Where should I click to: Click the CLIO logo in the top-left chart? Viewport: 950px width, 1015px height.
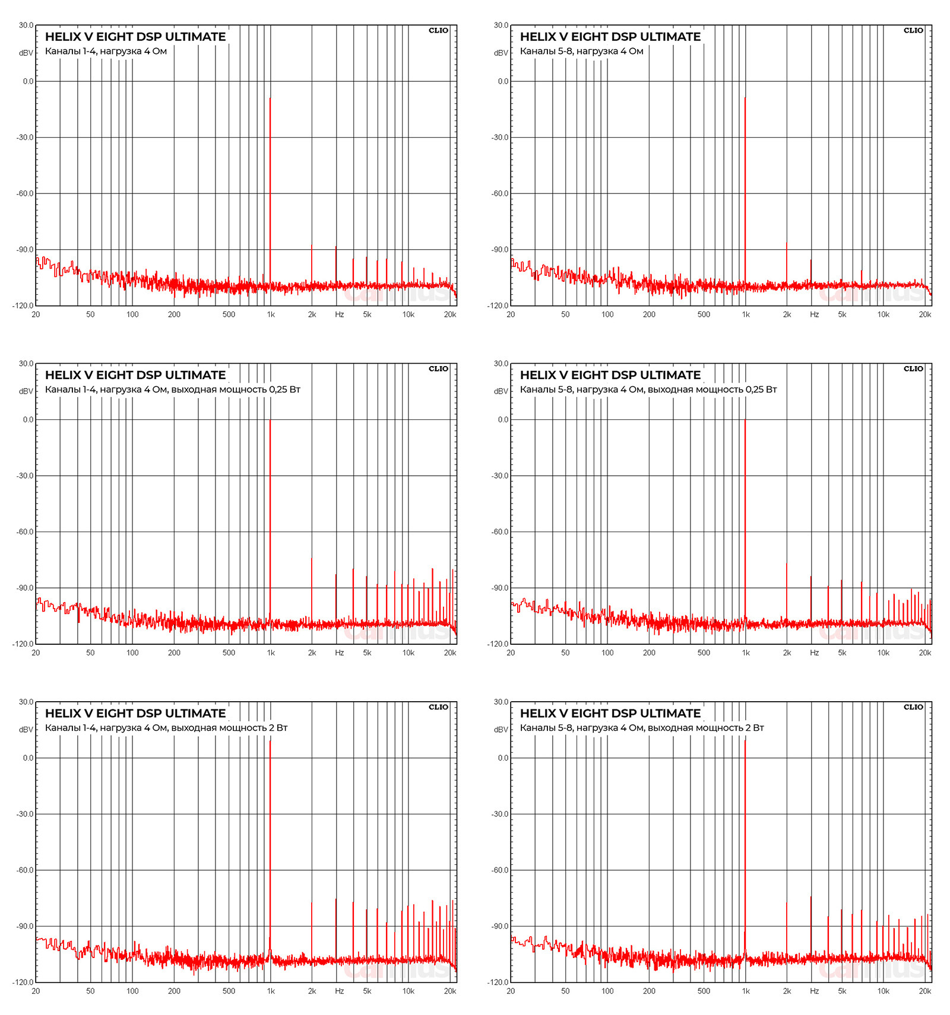pyautogui.click(x=438, y=30)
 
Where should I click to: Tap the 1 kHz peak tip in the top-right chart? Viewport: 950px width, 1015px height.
pyautogui.click(x=745, y=98)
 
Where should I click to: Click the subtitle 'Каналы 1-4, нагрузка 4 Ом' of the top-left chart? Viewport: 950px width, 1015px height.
pyautogui.click(x=106, y=51)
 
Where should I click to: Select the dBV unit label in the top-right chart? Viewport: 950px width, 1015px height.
pyautogui.click(x=501, y=53)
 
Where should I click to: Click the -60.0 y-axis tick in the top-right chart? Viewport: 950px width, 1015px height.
pyautogui.click(x=500, y=193)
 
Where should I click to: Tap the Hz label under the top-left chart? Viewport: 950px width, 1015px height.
pyautogui.click(x=339, y=314)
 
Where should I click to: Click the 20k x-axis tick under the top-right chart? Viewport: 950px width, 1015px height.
pyautogui.click(x=924, y=314)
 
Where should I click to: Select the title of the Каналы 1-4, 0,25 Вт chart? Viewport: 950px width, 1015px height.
pyautogui.click(x=135, y=375)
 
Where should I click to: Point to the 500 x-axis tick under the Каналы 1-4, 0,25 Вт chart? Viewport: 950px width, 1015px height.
pyautogui.click(x=229, y=653)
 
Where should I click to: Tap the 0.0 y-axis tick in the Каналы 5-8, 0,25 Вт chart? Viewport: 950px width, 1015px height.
pyautogui.click(x=503, y=419)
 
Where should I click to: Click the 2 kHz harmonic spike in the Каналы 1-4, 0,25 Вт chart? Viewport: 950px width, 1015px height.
pyautogui.click(x=311, y=559)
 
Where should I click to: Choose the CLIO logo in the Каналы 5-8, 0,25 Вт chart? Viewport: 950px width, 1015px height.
pyautogui.click(x=913, y=368)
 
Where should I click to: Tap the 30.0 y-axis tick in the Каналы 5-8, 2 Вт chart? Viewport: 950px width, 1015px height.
pyautogui.click(x=501, y=702)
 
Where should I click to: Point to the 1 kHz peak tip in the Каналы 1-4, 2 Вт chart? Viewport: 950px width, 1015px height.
pyautogui.click(x=270, y=741)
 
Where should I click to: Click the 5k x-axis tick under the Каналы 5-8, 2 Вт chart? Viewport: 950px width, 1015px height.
pyautogui.click(x=842, y=991)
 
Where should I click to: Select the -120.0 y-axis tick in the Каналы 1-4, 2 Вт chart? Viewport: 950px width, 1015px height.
pyautogui.click(x=24, y=982)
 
